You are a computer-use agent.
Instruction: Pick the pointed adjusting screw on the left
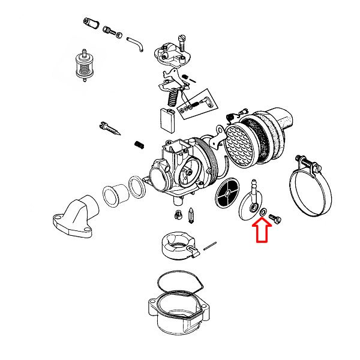tap(112, 129)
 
